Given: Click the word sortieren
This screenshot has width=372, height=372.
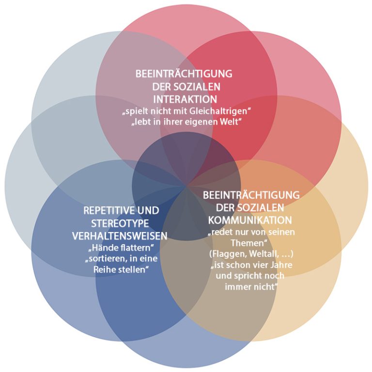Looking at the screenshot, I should click(107, 259).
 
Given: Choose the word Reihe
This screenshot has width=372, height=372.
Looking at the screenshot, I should click(106, 270).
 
